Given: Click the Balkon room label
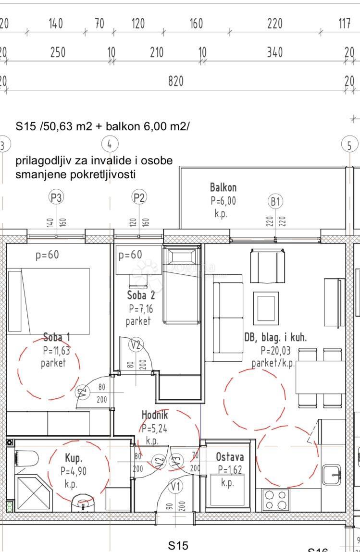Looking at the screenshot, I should click(223, 187).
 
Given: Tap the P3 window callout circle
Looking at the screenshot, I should click(57, 197).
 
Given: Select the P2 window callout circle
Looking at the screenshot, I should click(139, 197).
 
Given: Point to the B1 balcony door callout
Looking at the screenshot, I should click(275, 201).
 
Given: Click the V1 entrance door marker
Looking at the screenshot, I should click(176, 486).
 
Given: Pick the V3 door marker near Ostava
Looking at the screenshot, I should click(176, 461).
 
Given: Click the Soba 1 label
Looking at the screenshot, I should click(56, 337).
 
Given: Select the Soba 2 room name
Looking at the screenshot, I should click(141, 295).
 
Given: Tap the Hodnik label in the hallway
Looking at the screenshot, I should click(154, 415).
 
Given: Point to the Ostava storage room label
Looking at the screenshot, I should click(230, 457).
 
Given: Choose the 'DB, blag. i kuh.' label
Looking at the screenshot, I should click(275, 338).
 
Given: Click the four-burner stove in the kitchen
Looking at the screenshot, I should click(275, 500).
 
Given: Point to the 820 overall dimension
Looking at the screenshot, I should click(175, 82).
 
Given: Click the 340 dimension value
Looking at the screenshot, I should click(274, 52).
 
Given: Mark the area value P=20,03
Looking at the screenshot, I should click(275, 351).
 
